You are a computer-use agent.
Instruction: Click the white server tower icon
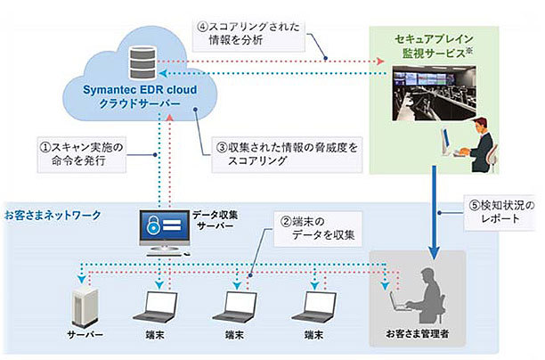pos(83,304)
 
